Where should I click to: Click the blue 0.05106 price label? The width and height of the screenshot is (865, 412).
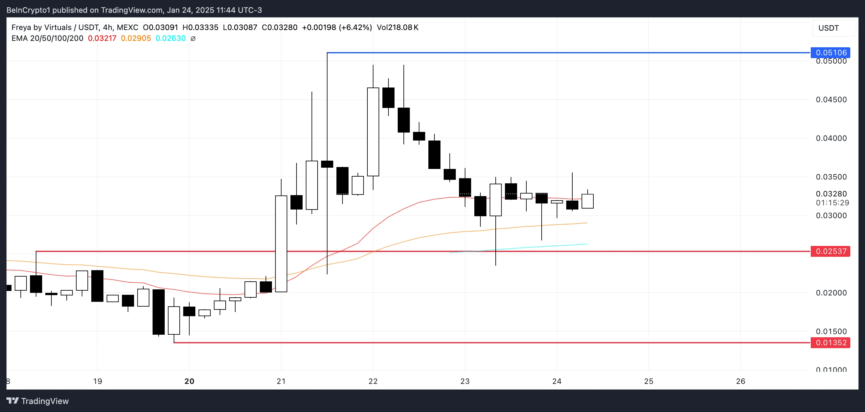coord(831,53)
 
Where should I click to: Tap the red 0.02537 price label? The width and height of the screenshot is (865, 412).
coord(831,251)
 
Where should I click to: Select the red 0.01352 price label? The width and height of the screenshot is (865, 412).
coord(831,343)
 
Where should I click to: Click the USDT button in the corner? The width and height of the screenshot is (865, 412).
coord(828,28)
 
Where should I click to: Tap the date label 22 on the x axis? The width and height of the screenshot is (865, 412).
coord(373,381)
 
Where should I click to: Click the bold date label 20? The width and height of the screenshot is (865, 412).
coord(189,381)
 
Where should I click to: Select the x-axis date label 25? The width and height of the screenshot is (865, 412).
coord(649,381)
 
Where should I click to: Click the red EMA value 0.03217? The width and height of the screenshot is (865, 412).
coord(102,38)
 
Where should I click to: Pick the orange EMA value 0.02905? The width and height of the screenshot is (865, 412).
coord(136,38)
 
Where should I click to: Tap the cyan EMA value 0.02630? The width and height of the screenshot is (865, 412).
coord(170,38)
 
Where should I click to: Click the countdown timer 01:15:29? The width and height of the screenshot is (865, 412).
coord(832,203)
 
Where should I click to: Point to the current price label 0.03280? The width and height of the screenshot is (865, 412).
coord(831,194)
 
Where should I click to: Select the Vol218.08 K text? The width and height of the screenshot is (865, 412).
coord(398,27)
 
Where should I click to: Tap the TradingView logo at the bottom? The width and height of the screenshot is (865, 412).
coord(38,401)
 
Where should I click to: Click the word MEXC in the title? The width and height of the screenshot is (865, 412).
coord(128,27)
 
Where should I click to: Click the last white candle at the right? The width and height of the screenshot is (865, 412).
coord(588,201)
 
